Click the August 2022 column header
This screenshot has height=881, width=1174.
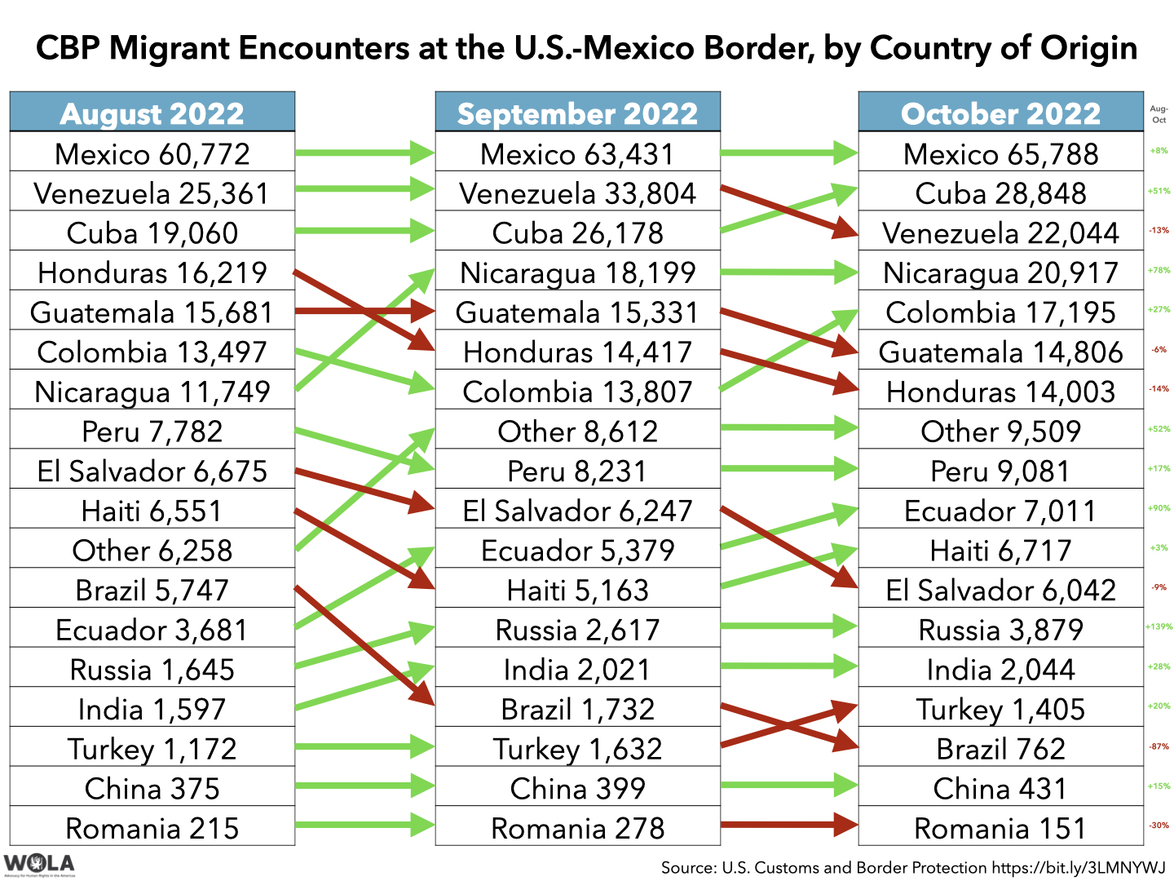pos(152,113)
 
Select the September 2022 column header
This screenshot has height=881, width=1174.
pos(577,113)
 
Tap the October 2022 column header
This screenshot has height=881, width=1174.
pos(1000,113)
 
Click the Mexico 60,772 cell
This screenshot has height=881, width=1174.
pos(152,153)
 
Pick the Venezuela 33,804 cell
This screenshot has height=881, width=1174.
pos(577,193)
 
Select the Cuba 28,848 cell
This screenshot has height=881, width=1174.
pos(1000,193)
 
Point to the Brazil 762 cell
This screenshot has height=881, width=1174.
pos(1000,748)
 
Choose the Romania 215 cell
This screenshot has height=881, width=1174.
pos(152,828)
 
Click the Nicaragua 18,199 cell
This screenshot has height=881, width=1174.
pos(577,272)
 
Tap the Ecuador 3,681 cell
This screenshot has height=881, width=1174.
pos(152,630)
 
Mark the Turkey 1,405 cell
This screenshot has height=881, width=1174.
pos(1000,709)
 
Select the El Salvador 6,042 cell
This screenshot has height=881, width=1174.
pos(1000,590)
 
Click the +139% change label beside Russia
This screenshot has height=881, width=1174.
pos(1159,627)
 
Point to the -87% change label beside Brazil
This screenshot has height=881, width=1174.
pos(1159,746)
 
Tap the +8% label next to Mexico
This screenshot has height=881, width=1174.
pos(1159,151)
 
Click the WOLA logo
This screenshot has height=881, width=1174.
pos(38,864)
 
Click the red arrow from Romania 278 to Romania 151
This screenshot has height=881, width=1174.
pos(788,825)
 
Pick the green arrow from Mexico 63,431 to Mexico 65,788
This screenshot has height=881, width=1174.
pos(788,152)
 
